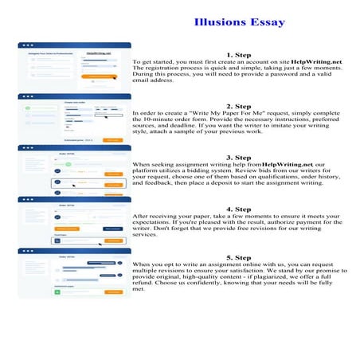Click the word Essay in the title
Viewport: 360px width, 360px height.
[268, 22]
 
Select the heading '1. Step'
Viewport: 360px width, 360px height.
[238, 54]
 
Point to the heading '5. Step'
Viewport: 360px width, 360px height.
[238, 258]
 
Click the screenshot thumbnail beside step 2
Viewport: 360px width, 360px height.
[75, 119]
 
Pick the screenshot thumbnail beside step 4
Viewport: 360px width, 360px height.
[75, 221]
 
